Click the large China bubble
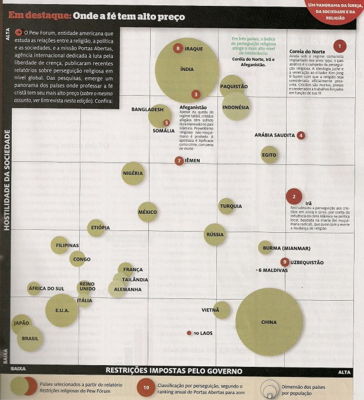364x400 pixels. click(x=269, y=321)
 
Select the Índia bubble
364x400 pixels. click(x=187, y=70)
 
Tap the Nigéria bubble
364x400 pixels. click(x=133, y=173)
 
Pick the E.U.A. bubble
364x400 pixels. click(x=61, y=310)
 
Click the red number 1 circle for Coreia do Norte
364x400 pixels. click(x=339, y=45)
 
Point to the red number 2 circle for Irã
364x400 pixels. click(x=294, y=197)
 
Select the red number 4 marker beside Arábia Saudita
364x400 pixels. click(x=301, y=135)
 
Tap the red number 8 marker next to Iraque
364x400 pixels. click(x=178, y=48)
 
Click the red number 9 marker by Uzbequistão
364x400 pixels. click(x=285, y=262)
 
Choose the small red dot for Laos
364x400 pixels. click(x=189, y=333)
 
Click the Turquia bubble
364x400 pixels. click(x=226, y=206)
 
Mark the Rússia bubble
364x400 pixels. click(x=214, y=235)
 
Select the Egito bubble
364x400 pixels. click(x=269, y=155)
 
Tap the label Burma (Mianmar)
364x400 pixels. click(x=287, y=248)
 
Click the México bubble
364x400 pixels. click(x=147, y=212)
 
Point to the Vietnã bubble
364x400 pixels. click(x=222, y=310)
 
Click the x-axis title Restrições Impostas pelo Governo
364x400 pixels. click(x=174, y=371)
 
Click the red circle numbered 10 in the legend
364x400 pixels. click(x=146, y=388)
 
